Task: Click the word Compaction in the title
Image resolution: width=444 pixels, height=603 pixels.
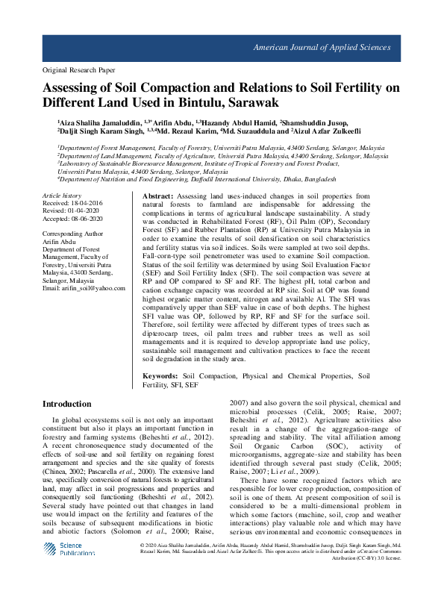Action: pos(179,86)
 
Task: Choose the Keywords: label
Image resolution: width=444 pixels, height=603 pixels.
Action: pos(160,377)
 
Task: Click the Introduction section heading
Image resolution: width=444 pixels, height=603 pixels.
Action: pos(66,404)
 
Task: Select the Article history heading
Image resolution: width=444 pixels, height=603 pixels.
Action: pos(61,195)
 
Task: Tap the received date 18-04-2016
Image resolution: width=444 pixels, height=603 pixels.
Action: pos(88,202)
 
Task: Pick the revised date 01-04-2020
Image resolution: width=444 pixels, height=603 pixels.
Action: pos(85,210)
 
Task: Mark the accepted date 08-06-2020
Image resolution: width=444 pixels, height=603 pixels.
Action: pos(88,219)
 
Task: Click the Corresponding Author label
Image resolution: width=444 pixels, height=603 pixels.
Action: pos(72,234)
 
